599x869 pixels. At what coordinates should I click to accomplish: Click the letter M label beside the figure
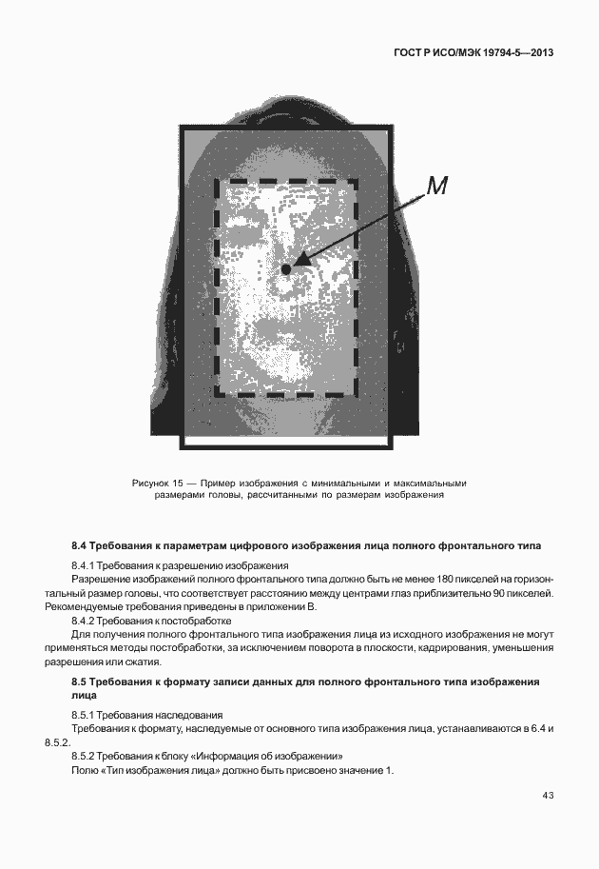click(435, 187)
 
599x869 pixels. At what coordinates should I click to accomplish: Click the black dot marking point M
click(286, 269)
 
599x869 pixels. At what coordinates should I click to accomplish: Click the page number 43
click(548, 796)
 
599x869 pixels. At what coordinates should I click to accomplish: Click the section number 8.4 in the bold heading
click(80, 546)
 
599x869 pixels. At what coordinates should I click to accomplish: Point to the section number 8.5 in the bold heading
click(80, 681)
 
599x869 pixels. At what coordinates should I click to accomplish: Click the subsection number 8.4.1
click(87, 565)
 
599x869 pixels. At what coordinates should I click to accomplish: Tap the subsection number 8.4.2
click(87, 621)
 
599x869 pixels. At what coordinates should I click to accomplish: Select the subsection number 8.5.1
click(87, 714)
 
